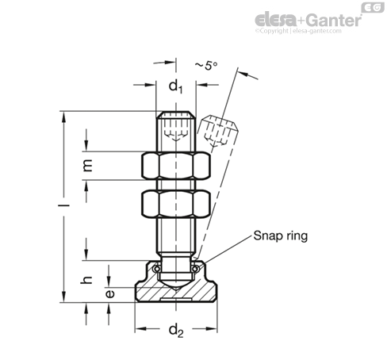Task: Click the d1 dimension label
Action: (176, 87)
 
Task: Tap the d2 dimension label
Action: (176, 331)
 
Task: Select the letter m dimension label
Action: (87, 166)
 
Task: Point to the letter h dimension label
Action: (86, 280)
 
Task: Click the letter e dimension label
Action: (110, 293)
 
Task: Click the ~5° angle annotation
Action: (206, 65)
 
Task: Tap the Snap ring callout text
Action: (281, 236)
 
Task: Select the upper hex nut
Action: (176, 166)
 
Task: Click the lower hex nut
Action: (176, 204)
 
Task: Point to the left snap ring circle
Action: (157, 269)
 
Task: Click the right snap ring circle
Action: (195, 269)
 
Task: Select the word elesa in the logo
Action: (275, 20)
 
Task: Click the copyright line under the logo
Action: (298, 31)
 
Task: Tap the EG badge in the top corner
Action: (373, 8)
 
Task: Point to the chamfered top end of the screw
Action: (176, 115)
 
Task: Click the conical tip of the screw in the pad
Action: (176, 285)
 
